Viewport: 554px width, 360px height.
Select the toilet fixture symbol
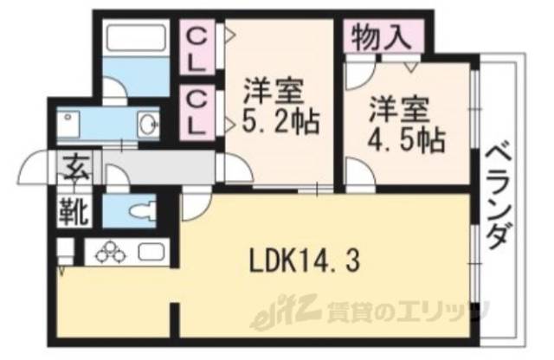coord(138,209)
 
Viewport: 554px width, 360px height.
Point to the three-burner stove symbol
coord(111,252)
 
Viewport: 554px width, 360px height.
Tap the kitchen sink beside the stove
coord(151,254)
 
